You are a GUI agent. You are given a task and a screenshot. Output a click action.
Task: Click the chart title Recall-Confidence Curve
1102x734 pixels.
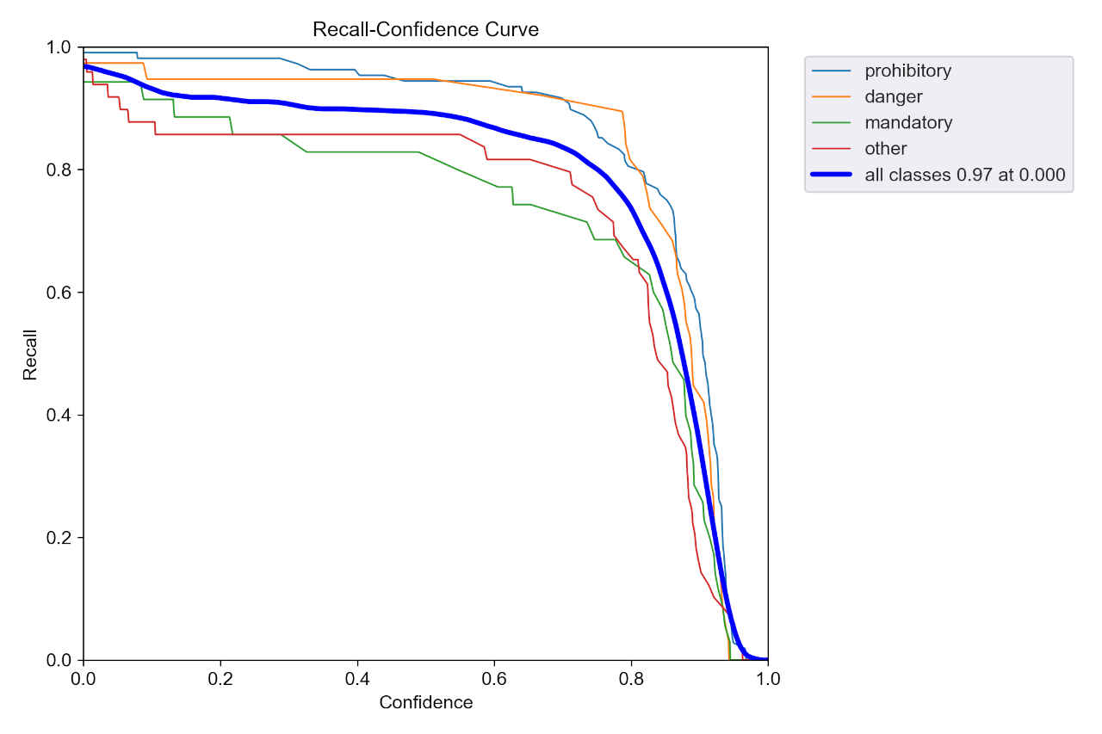point(425,29)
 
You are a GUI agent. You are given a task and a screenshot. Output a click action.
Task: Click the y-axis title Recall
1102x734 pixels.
point(30,354)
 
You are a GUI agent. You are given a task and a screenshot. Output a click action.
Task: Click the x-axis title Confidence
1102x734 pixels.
point(425,702)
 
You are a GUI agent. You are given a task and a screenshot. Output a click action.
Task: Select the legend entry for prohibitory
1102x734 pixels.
point(907,71)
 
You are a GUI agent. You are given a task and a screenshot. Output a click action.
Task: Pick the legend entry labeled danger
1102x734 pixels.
point(893,96)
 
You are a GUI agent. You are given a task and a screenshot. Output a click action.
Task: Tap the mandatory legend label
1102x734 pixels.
point(908,122)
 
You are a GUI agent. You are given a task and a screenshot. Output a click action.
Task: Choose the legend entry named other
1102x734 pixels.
point(886,148)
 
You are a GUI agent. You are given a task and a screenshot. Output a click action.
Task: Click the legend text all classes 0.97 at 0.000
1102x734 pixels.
point(965,175)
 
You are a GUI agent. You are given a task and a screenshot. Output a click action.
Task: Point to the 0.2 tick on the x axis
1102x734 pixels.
point(220,678)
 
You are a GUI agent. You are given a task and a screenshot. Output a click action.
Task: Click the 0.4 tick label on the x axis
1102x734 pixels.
point(357,678)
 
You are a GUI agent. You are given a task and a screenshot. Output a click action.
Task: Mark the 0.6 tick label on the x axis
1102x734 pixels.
point(494,678)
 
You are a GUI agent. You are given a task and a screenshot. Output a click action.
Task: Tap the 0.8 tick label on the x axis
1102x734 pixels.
point(631,678)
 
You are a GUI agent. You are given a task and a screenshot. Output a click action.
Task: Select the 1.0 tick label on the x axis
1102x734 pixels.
point(768,678)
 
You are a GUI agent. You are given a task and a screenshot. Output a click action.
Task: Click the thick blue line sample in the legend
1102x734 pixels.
point(833,175)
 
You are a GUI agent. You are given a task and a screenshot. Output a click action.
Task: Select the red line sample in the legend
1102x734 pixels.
point(833,148)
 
